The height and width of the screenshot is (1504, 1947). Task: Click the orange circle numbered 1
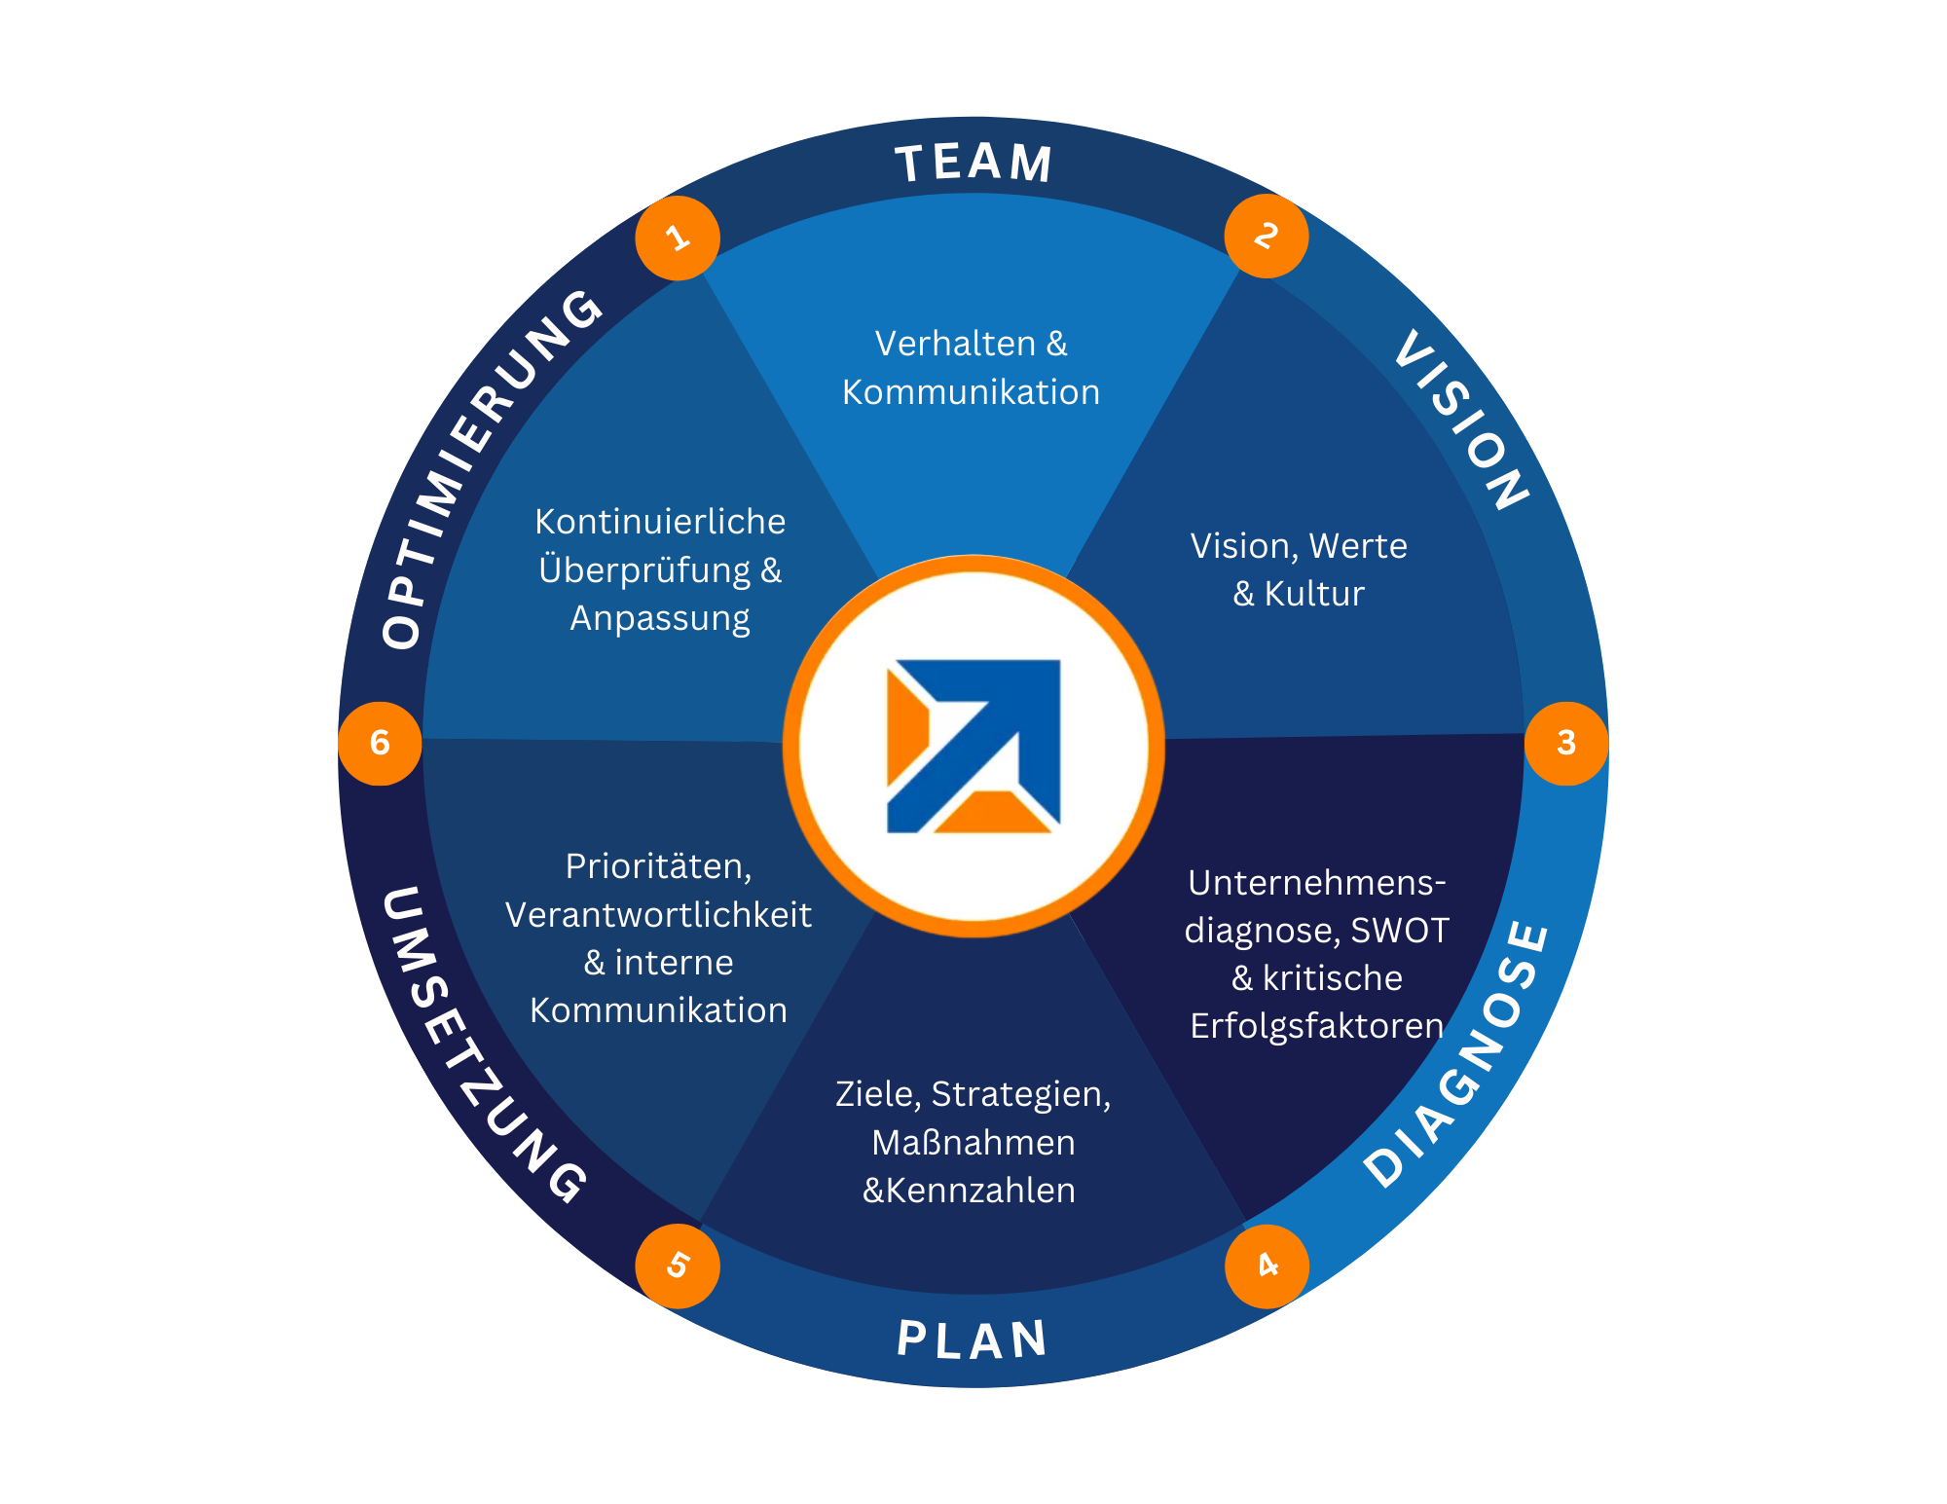(x=678, y=238)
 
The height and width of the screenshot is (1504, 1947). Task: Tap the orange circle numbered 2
(x=1267, y=236)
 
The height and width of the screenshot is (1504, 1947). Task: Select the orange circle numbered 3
(x=1566, y=744)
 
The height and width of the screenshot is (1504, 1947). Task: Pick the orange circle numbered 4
(x=1267, y=1266)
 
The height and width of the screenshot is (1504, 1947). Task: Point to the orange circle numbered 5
(x=678, y=1266)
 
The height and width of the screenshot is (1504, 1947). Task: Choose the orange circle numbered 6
(x=380, y=744)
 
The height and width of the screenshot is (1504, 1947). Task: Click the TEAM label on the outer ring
(x=973, y=163)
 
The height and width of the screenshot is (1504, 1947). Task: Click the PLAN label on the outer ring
(x=973, y=1339)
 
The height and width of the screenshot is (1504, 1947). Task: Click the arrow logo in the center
(x=973, y=747)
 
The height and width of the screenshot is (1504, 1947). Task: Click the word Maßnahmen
(x=973, y=1142)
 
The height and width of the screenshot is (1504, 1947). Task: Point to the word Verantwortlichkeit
(x=658, y=915)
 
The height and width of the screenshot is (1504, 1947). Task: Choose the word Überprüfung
(x=644, y=570)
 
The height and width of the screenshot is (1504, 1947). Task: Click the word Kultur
(x=1314, y=594)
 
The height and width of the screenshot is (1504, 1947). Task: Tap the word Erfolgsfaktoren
(x=1317, y=1026)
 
